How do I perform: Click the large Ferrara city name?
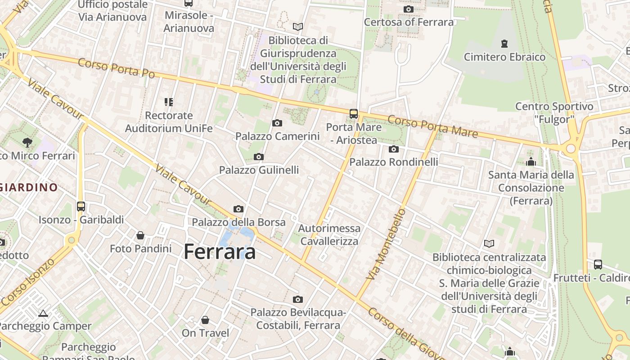(x=220, y=252)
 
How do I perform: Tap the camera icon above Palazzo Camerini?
(x=277, y=123)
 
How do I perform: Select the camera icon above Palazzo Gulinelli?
(x=259, y=157)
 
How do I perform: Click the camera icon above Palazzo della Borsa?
(x=238, y=209)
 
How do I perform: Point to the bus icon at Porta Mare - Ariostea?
(x=354, y=113)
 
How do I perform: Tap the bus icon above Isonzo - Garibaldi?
(x=81, y=207)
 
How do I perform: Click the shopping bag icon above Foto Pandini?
(x=140, y=235)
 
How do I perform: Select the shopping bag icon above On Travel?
(x=205, y=320)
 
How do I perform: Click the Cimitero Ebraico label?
(x=504, y=57)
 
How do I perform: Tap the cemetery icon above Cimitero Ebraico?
(x=504, y=44)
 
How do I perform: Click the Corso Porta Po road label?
(x=116, y=68)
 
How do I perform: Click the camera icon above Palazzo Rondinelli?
(x=394, y=149)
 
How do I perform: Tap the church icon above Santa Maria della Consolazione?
(x=531, y=162)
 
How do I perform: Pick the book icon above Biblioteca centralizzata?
(x=489, y=244)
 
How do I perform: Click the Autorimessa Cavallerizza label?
(x=329, y=234)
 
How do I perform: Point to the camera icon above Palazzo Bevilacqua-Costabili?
(x=298, y=299)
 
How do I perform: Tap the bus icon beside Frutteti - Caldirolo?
(x=598, y=265)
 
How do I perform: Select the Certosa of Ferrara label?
(x=409, y=22)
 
